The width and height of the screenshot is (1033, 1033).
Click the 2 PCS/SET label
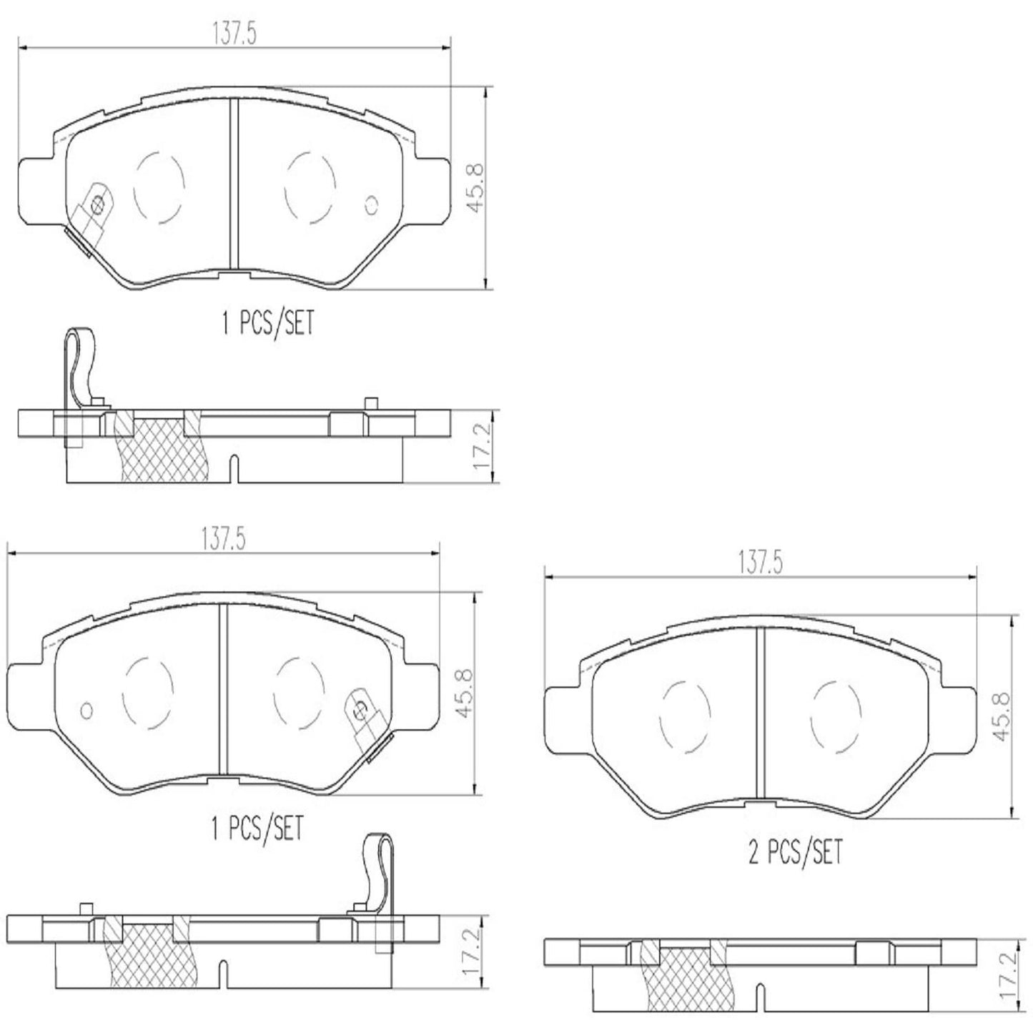click(x=795, y=852)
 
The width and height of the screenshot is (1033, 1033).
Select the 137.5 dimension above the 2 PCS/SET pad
click(x=761, y=563)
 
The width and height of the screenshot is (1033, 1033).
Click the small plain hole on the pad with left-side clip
click(x=370, y=204)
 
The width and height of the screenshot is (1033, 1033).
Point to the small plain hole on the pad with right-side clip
click(x=87, y=711)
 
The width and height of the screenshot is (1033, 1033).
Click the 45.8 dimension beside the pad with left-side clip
click(x=477, y=187)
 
